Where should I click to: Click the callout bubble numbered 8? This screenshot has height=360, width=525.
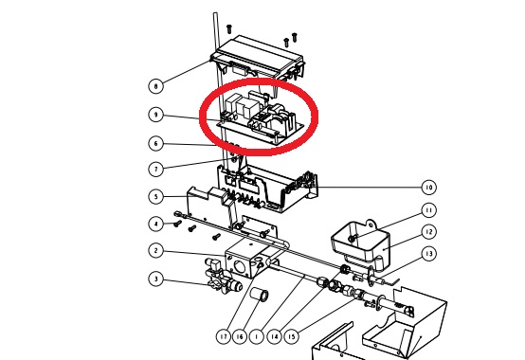point(155,86)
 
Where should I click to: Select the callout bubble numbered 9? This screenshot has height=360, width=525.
point(155,115)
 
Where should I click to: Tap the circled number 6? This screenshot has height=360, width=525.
point(155,144)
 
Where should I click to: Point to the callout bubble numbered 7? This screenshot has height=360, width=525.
point(155,169)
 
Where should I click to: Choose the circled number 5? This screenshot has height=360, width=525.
point(155,196)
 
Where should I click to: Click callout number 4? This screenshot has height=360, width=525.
point(155,224)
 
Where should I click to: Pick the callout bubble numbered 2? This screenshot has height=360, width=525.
point(155,250)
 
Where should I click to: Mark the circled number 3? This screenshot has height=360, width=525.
point(155,279)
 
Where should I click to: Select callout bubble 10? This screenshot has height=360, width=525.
point(429,188)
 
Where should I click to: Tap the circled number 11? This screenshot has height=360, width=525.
point(429,210)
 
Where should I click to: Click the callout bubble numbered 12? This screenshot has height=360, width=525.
point(429,232)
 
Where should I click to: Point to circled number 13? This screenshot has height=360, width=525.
point(429,254)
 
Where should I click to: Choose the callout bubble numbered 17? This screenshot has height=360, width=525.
point(224,336)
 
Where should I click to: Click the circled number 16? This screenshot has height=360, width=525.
point(240,336)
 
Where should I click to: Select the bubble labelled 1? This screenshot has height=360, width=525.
point(257,336)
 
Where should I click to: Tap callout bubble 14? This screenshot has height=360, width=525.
point(274,336)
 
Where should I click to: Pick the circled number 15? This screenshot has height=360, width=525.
point(292,336)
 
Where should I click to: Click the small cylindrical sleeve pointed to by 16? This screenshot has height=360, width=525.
point(259,294)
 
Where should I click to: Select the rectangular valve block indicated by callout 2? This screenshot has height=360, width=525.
point(246,260)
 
